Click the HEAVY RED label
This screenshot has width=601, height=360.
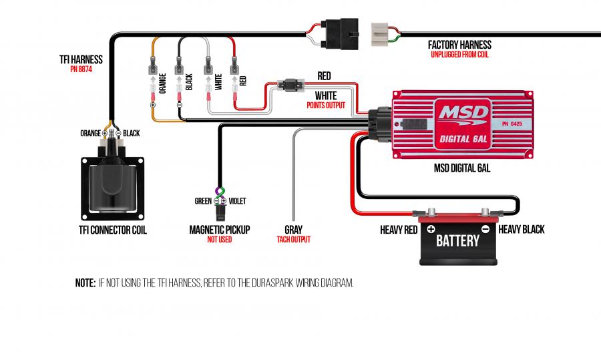pyautogui.click(x=399, y=230)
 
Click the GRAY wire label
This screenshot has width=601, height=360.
pyautogui.click(x=293, y=229)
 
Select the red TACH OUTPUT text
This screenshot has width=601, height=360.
pyautogui.click(x=293, y=239)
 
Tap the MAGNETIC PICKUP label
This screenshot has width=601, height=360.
pyautogui.click(x=219, y=229)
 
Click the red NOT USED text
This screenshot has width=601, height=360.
pyautogui.click(x=219, y=239)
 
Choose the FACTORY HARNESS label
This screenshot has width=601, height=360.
pyautogui.click(x=459, y=45)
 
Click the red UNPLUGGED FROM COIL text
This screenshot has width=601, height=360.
pyautogui.click(x=459, y=55)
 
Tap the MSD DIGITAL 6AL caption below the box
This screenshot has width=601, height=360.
pyautogui.click(x=462, y=168)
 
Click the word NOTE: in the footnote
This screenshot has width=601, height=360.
pyautogui.click(x=85, y=283)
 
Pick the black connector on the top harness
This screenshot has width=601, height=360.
pyautogui.click(x=338, y=32)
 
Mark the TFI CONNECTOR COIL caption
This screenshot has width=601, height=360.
pyautogui.click(x=112, y=230)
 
